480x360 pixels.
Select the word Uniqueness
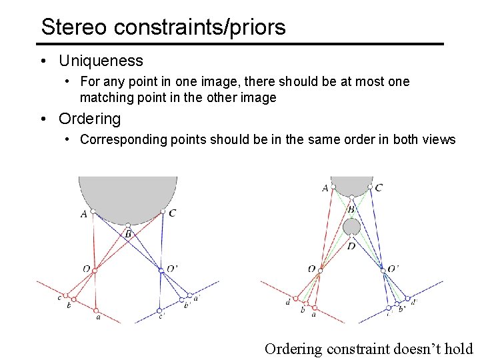tap(101, 61)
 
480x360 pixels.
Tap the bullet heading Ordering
tap(90, 119)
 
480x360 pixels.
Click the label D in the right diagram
tap(351, 246)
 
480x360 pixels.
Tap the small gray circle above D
tap(351, 227)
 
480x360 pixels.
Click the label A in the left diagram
tap(83, 214)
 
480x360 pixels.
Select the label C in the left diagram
tap(173, 213)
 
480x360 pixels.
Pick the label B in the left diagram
tap(127, 234)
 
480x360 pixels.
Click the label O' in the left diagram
tap(171, 268)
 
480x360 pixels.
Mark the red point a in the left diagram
tap(97, 311)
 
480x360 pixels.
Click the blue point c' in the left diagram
tap(159, 311)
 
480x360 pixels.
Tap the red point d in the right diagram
tap(295, 299)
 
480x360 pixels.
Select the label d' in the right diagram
tap(414, 302)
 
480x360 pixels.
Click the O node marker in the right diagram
tap(320, 271)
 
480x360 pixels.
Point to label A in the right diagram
tap(325, 188)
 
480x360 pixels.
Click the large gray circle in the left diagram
tap(127, 197)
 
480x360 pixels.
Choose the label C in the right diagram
tap(379, 188)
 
